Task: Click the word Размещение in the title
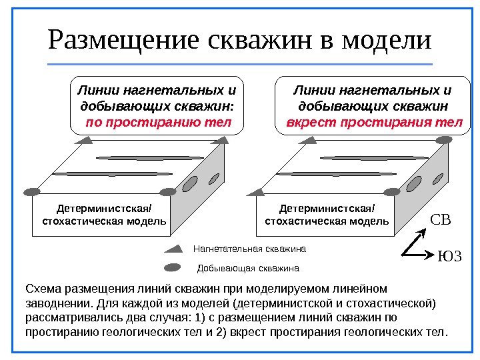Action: (x=124, y=41)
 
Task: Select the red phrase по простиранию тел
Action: (x=158, y=123)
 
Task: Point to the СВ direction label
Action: (x=441, y=219)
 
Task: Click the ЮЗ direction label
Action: (x=449, y=256)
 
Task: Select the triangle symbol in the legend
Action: (x=174, y=249)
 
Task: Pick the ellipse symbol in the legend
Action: (x=173, y=268)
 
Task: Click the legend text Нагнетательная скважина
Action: (x=249, y=249)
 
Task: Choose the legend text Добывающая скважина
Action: (x=249, y=269)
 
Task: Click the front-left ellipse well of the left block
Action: (x=33, y=192)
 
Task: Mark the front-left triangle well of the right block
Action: (x=259, y=191)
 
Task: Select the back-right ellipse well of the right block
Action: (x=444, y=139)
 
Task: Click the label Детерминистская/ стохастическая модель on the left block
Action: (x=104, y=215)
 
